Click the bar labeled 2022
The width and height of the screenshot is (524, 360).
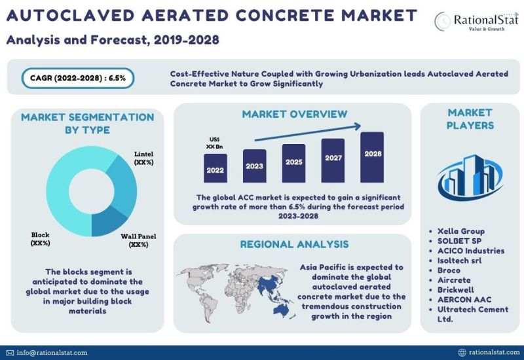pos(215,168)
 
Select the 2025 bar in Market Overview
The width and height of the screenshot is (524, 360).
pos(293,163)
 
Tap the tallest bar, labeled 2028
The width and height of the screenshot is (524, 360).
pos(372,157)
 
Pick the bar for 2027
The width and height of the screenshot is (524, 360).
pos(333,160)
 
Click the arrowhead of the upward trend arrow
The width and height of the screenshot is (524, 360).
pos(358,126)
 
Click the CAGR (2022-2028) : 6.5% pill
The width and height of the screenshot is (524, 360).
pos(78,78)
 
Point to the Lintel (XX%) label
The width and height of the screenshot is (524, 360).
pos(143,158)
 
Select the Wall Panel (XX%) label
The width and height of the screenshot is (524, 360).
pos(138,240)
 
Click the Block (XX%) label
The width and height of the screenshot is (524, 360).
pos(40,239)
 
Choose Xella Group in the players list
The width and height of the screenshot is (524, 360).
pos(461,231)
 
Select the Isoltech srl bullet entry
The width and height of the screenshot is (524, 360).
pos(460,261)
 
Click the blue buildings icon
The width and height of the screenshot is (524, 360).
pos(470,177)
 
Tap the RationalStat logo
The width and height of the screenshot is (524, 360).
pos(477,21)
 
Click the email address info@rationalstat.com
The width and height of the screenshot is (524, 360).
pos(52,353)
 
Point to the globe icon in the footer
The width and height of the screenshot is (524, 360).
pos(462,352)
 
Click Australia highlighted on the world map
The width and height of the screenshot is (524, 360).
pos(281,310)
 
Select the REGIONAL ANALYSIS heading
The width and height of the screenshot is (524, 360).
pos(294,244)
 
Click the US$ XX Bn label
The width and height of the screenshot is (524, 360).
pos(215,143)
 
